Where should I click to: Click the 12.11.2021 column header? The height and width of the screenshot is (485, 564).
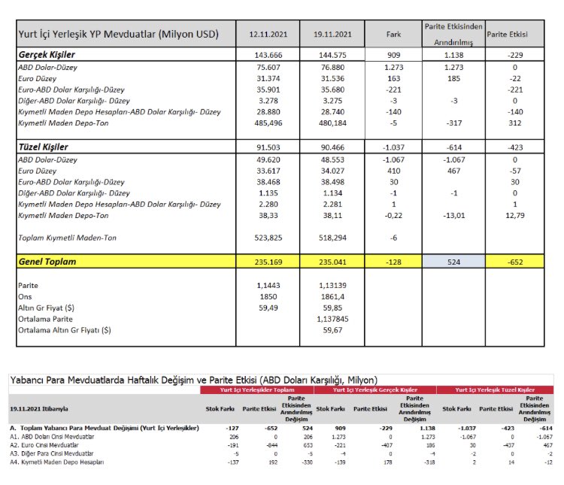[x=268, y=35]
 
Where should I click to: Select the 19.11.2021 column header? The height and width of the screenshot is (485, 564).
[x=332, y=35]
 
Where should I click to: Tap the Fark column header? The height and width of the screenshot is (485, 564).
[x=393, y=35]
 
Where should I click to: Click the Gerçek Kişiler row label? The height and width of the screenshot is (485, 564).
[x=47, y=55]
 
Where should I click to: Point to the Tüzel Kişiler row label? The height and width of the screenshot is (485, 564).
[x=43, y=147]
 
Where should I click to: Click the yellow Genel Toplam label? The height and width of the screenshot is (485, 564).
[x=47, y=262]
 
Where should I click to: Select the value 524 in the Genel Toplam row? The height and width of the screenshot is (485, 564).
[x=453, y=262]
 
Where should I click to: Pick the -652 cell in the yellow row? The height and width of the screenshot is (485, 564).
[x=515, y=262]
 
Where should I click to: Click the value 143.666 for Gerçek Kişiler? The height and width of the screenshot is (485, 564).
[x=268, y=55]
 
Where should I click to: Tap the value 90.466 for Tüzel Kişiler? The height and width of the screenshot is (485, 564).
[x=332, y=147]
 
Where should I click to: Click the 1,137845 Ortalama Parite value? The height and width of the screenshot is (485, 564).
[x=332, y=319]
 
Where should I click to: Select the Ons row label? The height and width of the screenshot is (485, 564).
[x=25, y=297]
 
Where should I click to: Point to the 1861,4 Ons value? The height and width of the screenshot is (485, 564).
[x=332, y=297]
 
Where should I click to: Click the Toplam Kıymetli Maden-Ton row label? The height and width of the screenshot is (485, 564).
[x=67, y=238]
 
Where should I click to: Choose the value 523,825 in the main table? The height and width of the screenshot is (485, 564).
[x=268, y=238]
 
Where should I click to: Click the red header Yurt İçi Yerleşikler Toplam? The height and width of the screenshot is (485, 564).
[x=257, y=390]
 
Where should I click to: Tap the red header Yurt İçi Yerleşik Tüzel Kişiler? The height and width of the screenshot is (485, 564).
[x=495, y=390]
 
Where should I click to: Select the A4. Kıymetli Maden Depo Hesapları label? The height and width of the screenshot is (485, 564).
[x=57, y=462]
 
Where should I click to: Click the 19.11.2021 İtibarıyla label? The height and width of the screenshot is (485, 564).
[x=39, y=409]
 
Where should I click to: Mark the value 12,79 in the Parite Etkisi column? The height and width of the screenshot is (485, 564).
[x=515, y=216]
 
